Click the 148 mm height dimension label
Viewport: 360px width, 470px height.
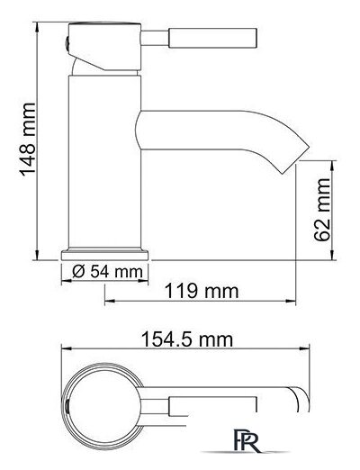click(28, 139)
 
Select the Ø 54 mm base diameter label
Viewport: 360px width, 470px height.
click(107, 272)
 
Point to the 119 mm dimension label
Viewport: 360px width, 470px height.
click(202, 291)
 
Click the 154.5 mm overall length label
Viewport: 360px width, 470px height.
click(187, 339)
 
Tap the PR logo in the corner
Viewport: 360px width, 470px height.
click(247, 441)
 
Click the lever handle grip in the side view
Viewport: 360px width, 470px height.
click(212, 38)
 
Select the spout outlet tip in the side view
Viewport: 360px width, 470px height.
click(296, 158)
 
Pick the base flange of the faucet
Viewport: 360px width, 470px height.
click(104, 255)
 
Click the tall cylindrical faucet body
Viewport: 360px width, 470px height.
click(104, 162)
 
